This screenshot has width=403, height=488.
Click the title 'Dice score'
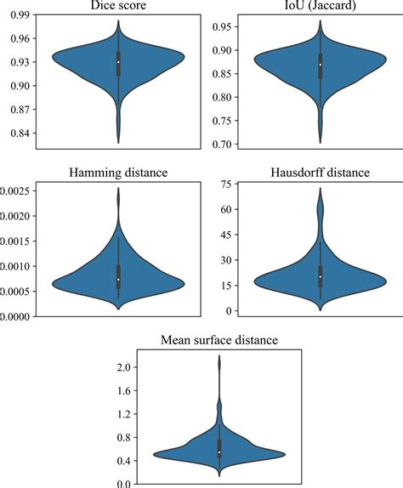click(x=117, y=7)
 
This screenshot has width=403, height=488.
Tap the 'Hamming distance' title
click(x=117, y=173)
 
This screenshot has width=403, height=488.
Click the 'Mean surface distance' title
click(x=219, y=341)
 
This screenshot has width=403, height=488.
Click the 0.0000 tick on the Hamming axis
click(x=17, y=316)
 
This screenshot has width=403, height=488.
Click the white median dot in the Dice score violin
click(x=117, y=62)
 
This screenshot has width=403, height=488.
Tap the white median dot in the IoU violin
click(x=320, y=65)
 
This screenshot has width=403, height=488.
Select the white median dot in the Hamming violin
click(x=117, y=280)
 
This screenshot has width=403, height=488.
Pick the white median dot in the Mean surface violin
click(x=219, y=452)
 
